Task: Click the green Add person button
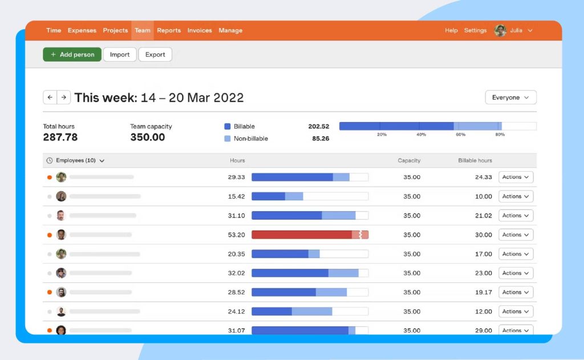click(x=72, y=55)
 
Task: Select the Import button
click(x=120, y=55)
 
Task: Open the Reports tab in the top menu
click(x=169, y=31)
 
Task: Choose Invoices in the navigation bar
click(x=200, y=31)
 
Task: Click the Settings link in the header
click(x=475, y=31)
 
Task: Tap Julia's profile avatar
click(x=500, y=31)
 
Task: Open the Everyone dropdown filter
click(x=510, y=98)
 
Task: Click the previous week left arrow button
click(x=50, y=98)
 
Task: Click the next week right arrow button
click(x=64, y=98)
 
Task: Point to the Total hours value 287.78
click(x=60, y=137)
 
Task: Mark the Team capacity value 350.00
click(x=148, y=137)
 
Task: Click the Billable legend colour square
click(x=228, y=127)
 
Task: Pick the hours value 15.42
click(x=236, y=196)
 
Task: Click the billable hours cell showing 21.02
click(x=483, y=216)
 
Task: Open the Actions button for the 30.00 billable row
click(x=516, y=234)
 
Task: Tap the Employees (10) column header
click(x=76, y=161)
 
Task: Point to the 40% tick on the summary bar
click(x=421, y=135)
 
